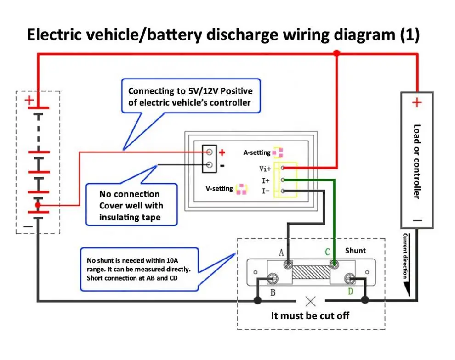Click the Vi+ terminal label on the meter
(x=265, y=169)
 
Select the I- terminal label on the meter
(x=266, y=191)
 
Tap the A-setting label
(x=257, y=152)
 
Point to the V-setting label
(x=219, y=189)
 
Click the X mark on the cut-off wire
(x=311, y=301)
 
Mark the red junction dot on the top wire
(x=336, y=54)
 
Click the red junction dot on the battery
(x=38, y=205)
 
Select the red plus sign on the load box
(x=417, y=102)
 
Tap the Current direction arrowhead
(x=406, y=289)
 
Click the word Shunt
(x=355, y=250)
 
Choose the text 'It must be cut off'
(x=310, y=315)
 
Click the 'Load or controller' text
(x=417, y=161)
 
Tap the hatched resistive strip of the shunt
(x=311, y=271)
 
